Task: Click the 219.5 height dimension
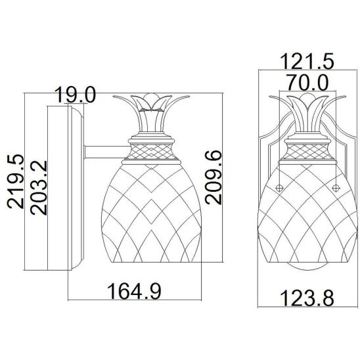click(16, 181)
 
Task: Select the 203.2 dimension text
click(39, 188)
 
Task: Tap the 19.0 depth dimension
click(75, 95)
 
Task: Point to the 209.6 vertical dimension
click(214, 177)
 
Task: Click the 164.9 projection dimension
click(134, 291)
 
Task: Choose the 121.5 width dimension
click(307, 61)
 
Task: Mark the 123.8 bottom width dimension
click(307, 298)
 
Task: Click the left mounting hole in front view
click(279, 189)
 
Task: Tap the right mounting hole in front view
click(336, 189)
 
